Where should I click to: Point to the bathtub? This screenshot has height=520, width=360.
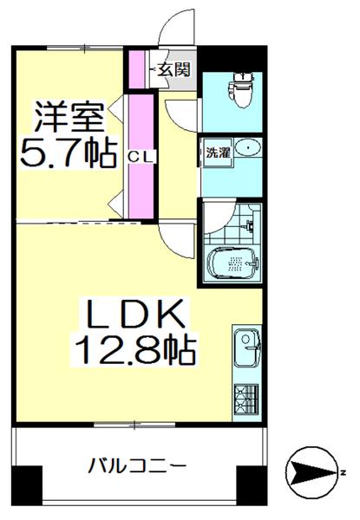235,263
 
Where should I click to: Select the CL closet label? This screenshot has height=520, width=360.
137,157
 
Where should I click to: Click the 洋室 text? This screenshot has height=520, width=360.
69,115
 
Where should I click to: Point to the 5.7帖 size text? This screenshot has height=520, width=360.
68,154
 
